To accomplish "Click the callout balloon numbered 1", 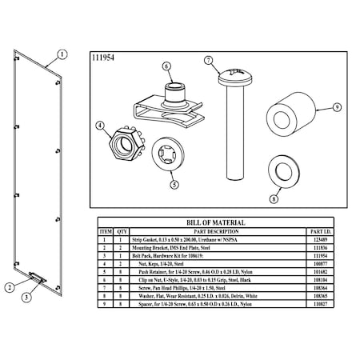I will point(62,55).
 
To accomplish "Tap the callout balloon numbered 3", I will point(26,297).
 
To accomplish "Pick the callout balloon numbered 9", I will point(336,106).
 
